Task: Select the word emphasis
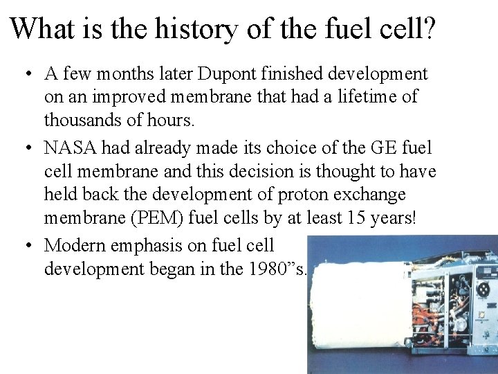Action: (x=156, y=245)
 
